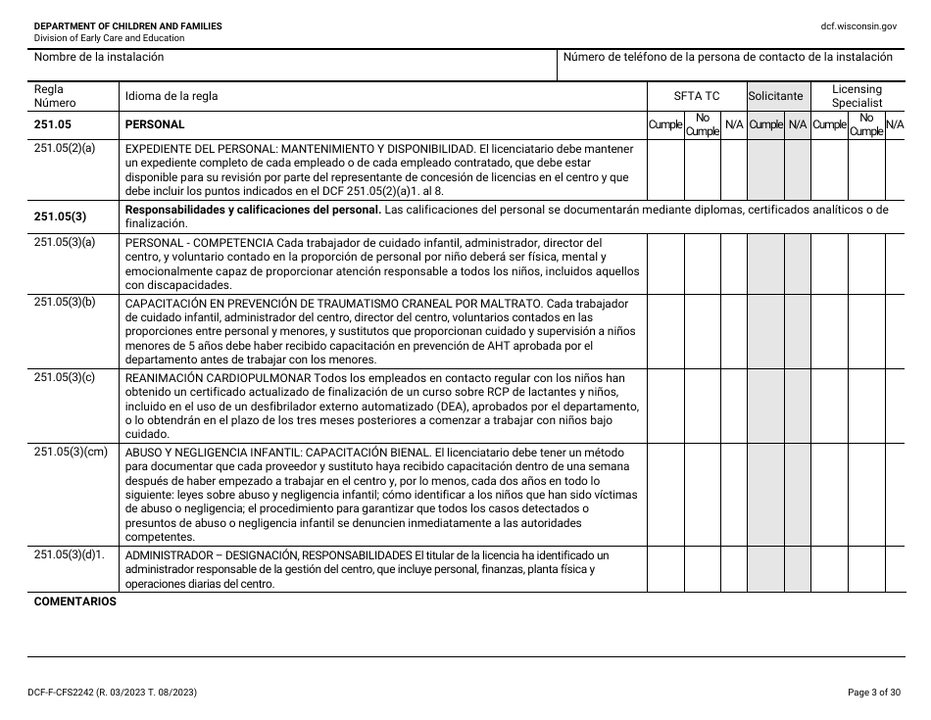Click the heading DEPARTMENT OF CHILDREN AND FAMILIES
(127, 25)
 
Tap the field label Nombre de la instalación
(99, 57)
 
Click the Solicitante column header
(776, 96)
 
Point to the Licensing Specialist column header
(857, 96)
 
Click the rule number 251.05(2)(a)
(65, 149)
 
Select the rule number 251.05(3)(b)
(65, 302)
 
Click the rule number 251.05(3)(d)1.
(70, 554)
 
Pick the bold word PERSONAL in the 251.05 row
(155, 125)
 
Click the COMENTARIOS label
(74, 601)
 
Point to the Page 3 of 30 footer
(873, 693)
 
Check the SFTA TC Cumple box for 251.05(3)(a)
(665, 263)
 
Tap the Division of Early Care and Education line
(109, 38)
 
